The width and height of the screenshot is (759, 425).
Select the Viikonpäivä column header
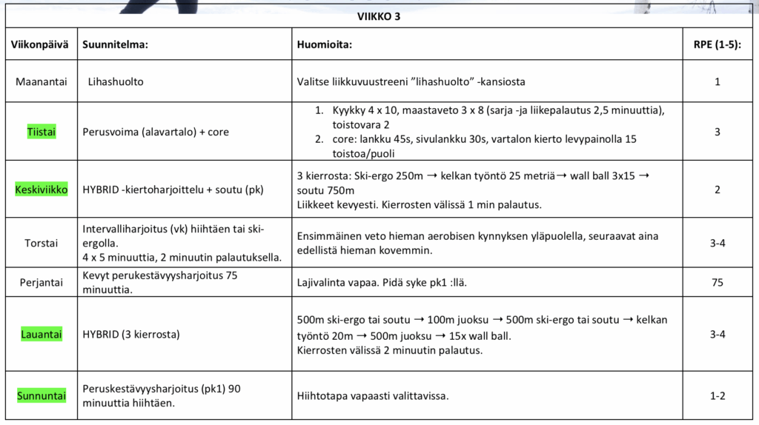[39, 44]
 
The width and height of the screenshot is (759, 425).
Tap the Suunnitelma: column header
[115, 44]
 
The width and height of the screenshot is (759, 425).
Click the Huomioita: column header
[324, 44]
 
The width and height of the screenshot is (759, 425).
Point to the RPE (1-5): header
[717, 44]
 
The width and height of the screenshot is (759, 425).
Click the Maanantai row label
[41, 81]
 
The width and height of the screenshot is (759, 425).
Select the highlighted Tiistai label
[41, 132]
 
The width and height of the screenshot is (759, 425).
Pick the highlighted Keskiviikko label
[41, 190]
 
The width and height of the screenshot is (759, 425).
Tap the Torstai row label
[41, 243]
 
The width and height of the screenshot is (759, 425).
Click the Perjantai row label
[41, 282]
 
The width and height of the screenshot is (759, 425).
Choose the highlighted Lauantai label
[41, 334]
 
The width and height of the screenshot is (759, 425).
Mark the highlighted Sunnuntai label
[41, 396]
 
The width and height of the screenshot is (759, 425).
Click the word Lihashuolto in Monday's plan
[116, 81]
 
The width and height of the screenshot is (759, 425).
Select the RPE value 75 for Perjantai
[717, 282]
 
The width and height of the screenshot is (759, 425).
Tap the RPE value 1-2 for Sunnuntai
[717, 396]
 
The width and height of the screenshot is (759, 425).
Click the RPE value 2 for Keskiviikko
[717, 190]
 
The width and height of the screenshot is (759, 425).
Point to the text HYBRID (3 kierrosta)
[131, 334]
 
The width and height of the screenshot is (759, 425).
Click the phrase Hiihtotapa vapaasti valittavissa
[373, 396]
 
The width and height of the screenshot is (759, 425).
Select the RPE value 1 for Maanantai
[717, 81]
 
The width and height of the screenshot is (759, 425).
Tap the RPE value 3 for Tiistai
[717, 132]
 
